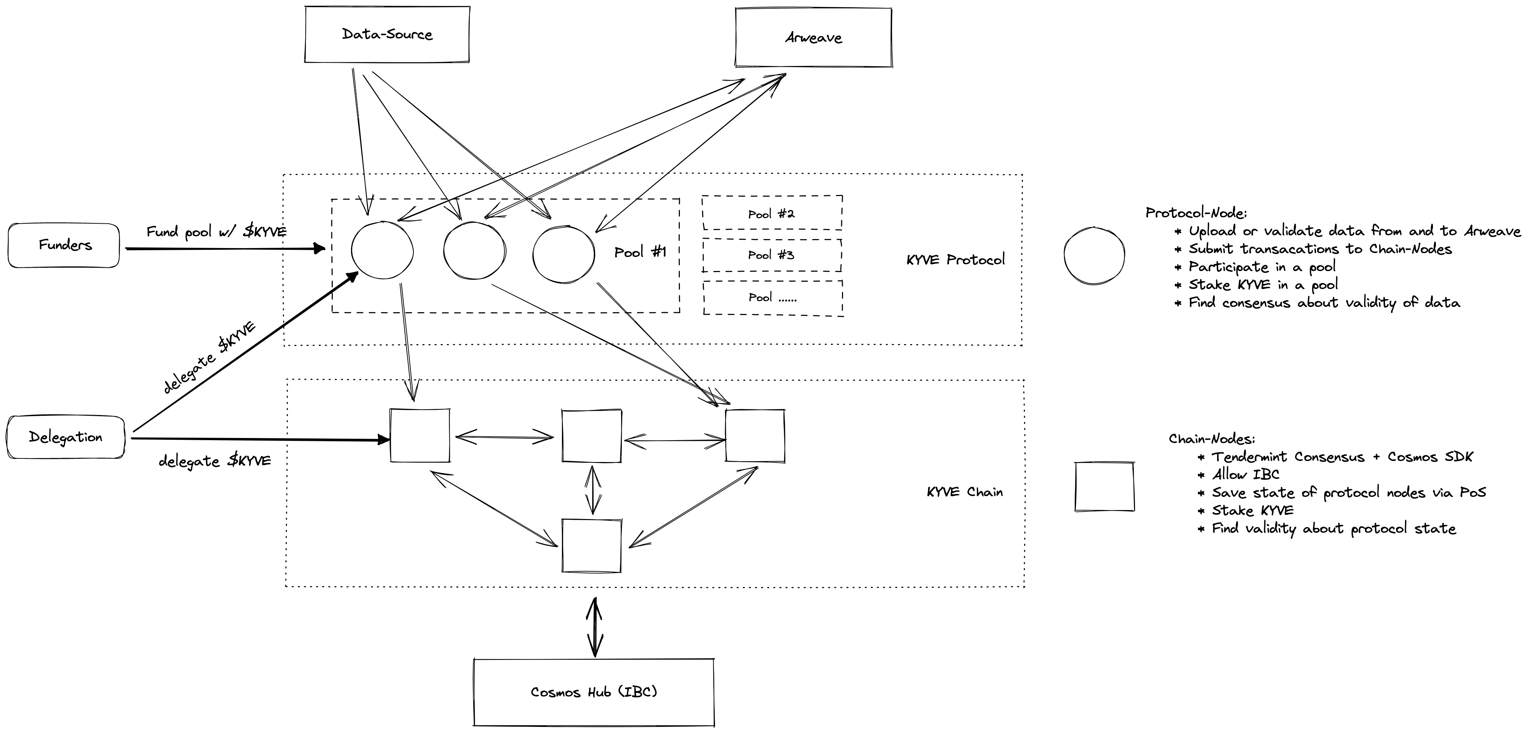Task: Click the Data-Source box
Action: pyautogui.click(x=387, y=34)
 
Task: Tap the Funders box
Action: pyautogui.click(x=64, y=245)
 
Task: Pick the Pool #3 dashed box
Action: pyautogui.click(x=772, y=255)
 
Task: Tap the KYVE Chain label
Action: pyautogui.click(x=965, y=492)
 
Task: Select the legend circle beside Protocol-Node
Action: pyautogui.click(x=1094, y=256)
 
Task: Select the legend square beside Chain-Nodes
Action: pyautogui.click(x=1104, y=487)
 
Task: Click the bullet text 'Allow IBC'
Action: pyautogui.click(x=1245, y=475)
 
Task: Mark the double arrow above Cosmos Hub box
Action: pyautogui.click(x=594, y=627)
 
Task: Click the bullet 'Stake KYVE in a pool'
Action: pyautogui.click(x=1262, y=285)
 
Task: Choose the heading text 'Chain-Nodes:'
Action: pyautogui.click(x=1212, y=439)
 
